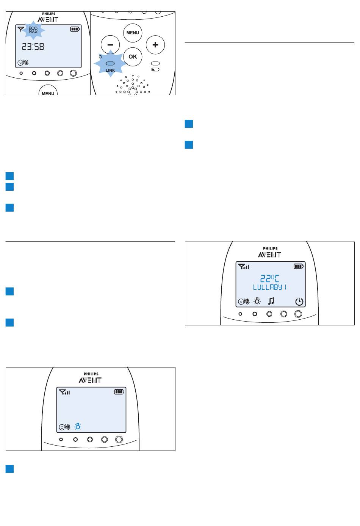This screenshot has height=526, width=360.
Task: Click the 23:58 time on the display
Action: (x=33, y=47)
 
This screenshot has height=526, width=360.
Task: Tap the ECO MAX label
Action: (x=33, y=30)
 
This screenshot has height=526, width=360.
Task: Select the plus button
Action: (x=155, y=45)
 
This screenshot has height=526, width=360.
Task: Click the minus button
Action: (x=110, y=45)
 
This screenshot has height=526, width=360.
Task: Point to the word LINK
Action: (x=110, y=71)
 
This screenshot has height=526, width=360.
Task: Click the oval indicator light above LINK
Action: (x=110, y=63)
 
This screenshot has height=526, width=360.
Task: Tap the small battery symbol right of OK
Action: (x=155, y=69)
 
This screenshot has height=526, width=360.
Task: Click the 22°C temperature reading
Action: (x=270, y=278)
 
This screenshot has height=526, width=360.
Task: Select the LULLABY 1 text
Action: (x=269, y=287)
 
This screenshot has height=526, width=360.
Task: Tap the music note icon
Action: (x=271, y=301)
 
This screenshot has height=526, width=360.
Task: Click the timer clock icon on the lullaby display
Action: (x=299, y=301)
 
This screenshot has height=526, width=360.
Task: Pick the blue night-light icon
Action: (x=78, y=426)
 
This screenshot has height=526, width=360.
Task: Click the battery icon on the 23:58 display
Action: (x=75, y=29)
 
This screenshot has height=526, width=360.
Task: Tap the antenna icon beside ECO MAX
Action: (x=21, y=29)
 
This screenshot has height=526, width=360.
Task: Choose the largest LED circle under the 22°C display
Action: (x=298, y=314)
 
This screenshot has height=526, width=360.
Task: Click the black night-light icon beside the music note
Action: (x=257, y=301)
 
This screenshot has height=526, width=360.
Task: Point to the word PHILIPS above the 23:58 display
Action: (x=49, y=14)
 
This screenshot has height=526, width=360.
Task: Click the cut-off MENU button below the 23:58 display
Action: (x=48, y=90)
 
